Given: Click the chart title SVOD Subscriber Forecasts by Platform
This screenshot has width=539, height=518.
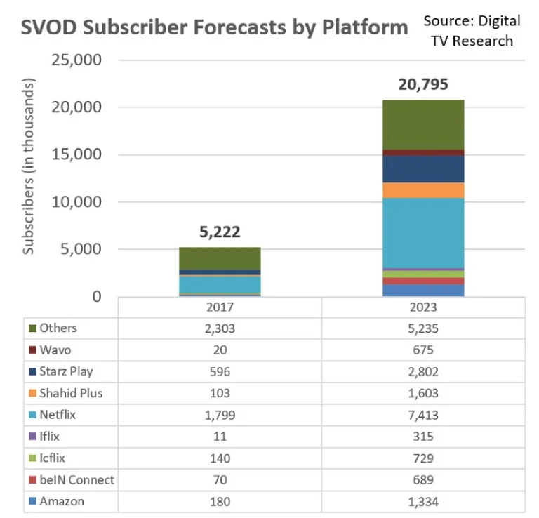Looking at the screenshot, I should [215, 28].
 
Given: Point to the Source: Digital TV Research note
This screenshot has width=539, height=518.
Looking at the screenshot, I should [472, 30].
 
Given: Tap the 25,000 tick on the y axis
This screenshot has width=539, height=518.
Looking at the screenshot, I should [77, 60].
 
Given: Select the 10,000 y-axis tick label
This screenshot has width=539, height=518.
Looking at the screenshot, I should [77, 202].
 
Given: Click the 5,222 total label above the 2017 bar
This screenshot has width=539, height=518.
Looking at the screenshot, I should [219, 232].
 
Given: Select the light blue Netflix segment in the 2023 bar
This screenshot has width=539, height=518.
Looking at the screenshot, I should [423, 233].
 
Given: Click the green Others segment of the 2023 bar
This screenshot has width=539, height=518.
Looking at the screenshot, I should [423, 124].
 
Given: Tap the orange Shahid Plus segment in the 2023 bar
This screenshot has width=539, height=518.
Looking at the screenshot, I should [423, 190].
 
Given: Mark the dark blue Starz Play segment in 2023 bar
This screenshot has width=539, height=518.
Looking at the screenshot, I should [423, 169].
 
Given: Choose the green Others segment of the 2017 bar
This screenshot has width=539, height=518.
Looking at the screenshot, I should [219, 258].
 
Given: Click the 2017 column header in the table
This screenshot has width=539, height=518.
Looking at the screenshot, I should [219, 307].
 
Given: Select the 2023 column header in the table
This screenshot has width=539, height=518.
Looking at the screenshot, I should [423, 307].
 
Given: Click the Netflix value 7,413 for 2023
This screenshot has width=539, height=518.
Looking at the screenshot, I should [423, 415].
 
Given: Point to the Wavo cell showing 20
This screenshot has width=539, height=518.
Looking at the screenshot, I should [219, 350].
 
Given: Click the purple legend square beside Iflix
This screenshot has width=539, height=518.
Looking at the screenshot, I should [32, 437].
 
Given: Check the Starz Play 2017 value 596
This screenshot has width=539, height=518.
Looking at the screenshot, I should [219, 371].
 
